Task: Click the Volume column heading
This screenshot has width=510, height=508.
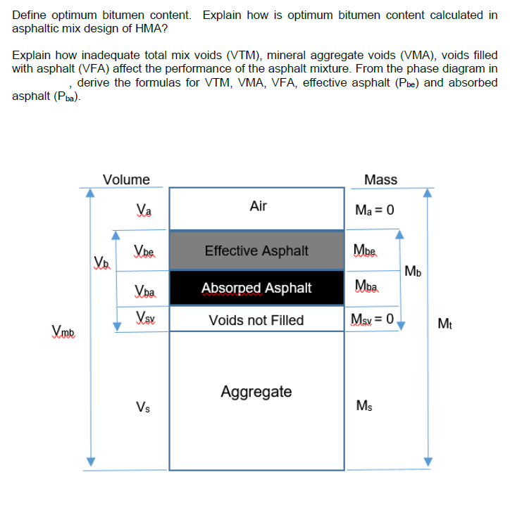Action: point(126,179)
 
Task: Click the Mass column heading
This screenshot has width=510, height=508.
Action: point(381,179)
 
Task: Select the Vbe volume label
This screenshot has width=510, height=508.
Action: point(144,250)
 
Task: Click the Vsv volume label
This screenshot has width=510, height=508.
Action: point(144,317)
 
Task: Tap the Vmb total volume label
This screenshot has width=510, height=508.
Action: point(65,331)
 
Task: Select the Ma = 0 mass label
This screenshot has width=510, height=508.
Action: point(375,210)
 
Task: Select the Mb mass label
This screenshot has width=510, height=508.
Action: point(413,271)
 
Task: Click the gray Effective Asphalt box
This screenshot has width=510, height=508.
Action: point(256,250)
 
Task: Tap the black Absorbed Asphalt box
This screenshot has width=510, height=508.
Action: point(256,288)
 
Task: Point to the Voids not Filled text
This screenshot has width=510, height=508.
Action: point(256,320)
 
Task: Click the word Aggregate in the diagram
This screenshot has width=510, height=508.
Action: point(256,391)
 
